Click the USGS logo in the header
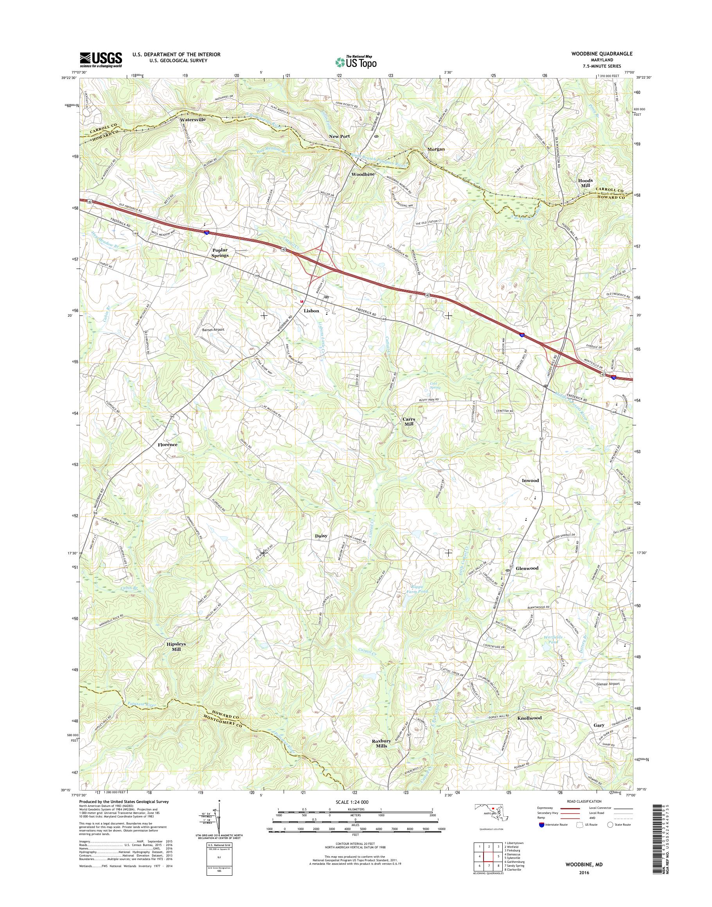pos(101,59)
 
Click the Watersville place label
pos(193,120)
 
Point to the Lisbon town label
pos(311,311)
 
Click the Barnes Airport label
pos(213,330)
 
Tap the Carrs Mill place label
pos(408,421)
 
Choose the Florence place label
pos(167,445)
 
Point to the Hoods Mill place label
pos(585,183)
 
